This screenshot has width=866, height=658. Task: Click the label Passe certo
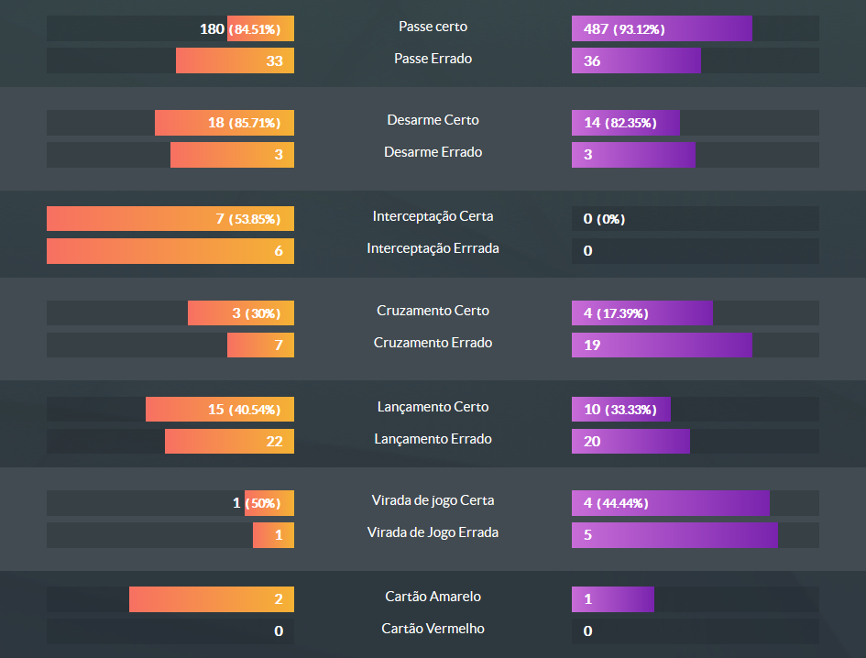(433, 27)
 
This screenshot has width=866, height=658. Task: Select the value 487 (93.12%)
(624, 29)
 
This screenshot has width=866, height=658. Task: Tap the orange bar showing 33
(235, 61)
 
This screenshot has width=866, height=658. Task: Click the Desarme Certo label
(433, 120)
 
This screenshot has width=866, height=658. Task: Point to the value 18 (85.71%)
(244, 123)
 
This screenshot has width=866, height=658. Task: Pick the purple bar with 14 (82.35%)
(625, 123)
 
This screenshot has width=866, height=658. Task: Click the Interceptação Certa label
(433, 216)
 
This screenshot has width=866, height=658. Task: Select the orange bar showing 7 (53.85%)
(170, 219)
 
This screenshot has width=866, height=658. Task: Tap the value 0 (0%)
(604, 219)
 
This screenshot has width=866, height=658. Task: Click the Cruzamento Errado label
(433, 343)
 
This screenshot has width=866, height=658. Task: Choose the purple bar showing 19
(662, 345)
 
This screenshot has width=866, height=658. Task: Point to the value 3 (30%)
(257, 313)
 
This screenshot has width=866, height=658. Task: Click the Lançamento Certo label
(433, 407)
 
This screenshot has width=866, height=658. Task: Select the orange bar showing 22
(229, 442)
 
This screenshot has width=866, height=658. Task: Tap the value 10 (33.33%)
(619, 410)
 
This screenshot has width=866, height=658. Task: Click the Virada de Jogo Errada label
(433, 532)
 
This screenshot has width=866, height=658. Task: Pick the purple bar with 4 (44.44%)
(670, 503)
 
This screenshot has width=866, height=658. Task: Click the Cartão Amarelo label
(433, 597)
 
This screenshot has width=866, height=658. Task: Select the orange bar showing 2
(212, 600)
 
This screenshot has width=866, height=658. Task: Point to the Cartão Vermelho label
(433, 629)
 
